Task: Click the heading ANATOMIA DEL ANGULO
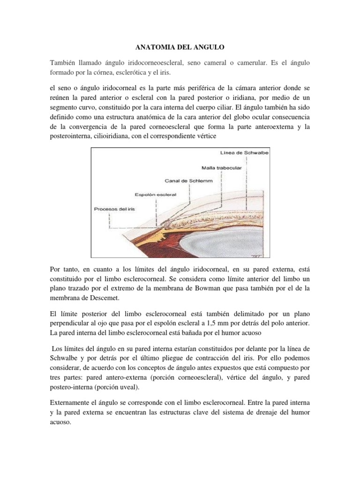pyautogui.click(x=180, y=47)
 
